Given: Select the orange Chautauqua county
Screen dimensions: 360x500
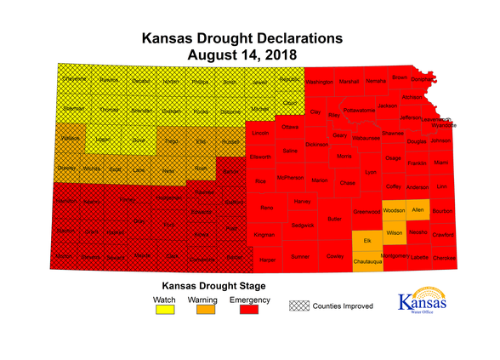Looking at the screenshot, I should [366, 261].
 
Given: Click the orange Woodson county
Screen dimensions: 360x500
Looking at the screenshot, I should [394, 210].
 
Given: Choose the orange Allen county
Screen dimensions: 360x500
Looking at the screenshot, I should [417, 209].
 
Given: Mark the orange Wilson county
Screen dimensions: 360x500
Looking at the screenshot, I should [394, 232].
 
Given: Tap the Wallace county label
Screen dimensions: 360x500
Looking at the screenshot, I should [71, 137].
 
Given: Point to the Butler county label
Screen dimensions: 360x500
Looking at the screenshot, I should [334, 219].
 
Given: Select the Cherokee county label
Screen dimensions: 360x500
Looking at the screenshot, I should [444, 256].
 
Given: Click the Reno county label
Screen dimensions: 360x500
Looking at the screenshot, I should [266, 207].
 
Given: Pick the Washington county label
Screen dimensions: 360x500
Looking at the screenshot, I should [319, 83].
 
